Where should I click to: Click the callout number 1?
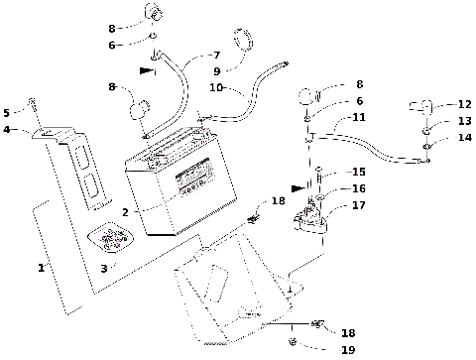[41, 267]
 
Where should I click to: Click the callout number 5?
[7, 112]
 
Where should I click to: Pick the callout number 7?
[216, 55]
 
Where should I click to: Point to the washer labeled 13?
[424, 129]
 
